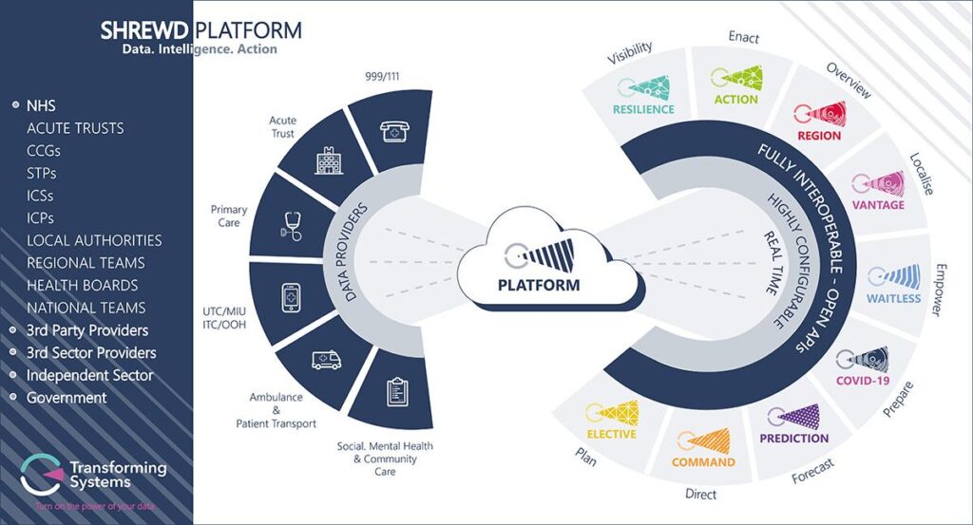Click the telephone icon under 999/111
point(390,133)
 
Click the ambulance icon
point(326,360)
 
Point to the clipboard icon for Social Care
point(396,391)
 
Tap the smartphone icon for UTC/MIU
point(293,297)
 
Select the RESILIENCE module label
point(643,109)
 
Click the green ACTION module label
point(735,99)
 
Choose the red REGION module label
point(818,136)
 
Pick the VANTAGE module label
point(878,205)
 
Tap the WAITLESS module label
point(893,298)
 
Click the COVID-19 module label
point(861,381)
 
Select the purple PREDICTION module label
point(793,438)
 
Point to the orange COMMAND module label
point(703,462)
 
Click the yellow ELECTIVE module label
point(611,434)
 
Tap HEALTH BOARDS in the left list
point(83,286)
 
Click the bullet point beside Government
point(13,398)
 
